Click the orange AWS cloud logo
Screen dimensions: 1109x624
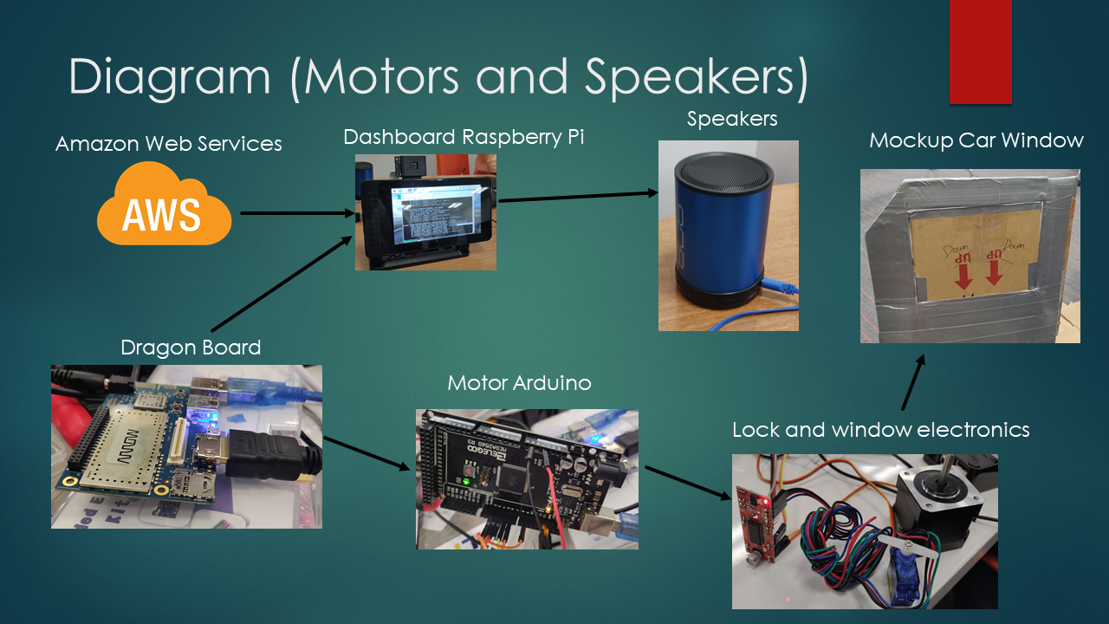(x=164, y=205)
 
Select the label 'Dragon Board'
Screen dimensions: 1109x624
(x=191, y=348)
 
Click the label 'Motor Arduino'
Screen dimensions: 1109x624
(x=519, y=383)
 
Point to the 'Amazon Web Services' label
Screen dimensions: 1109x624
(x=169, y=144)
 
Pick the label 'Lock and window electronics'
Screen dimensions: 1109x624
(x=880, y=430)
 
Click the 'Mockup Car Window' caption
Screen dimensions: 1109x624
(x=976, y=140)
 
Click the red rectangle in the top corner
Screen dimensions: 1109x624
(x=980, y=51)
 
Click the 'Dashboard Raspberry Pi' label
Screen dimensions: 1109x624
(x=464, y=137)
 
